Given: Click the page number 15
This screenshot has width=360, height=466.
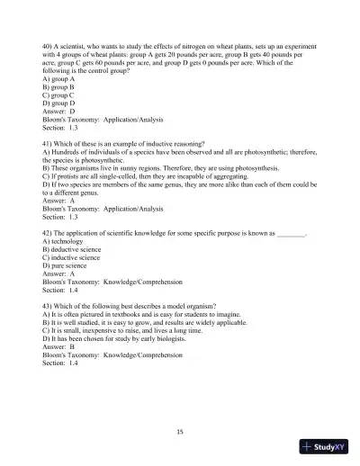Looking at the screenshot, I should (180, 432).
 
